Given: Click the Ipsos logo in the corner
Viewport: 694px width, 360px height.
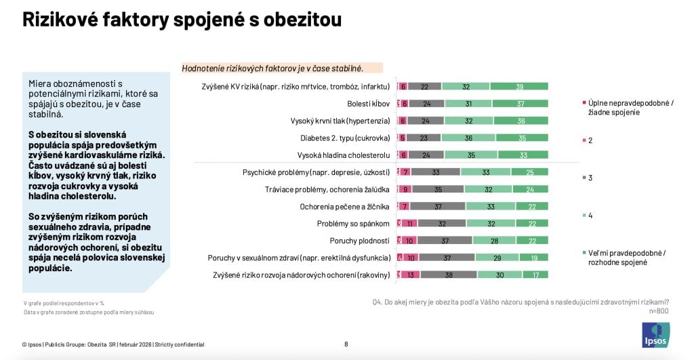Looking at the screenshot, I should tap(655, 334).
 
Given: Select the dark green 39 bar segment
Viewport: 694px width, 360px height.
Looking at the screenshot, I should tap(518, 87).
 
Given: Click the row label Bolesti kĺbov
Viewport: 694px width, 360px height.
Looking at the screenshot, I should tap(368, 104).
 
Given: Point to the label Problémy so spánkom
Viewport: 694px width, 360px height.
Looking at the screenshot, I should tap(353, 224).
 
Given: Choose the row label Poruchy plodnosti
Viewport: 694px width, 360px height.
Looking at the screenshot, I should tap(359, 241).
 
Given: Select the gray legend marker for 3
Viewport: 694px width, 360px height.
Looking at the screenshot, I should tap(584, 178).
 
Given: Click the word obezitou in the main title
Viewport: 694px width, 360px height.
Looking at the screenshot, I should tap(298, 20).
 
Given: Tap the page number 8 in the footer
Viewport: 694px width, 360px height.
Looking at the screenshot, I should tap(346, 344).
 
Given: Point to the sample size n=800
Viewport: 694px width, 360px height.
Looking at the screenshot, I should tap(658, 311).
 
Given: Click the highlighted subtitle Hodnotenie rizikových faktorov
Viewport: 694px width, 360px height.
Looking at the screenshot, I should tap(273, 68).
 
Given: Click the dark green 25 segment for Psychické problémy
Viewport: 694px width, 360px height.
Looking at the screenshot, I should tap(529, 172).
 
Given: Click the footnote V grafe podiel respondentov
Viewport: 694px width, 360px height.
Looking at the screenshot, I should tap(64, 303).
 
